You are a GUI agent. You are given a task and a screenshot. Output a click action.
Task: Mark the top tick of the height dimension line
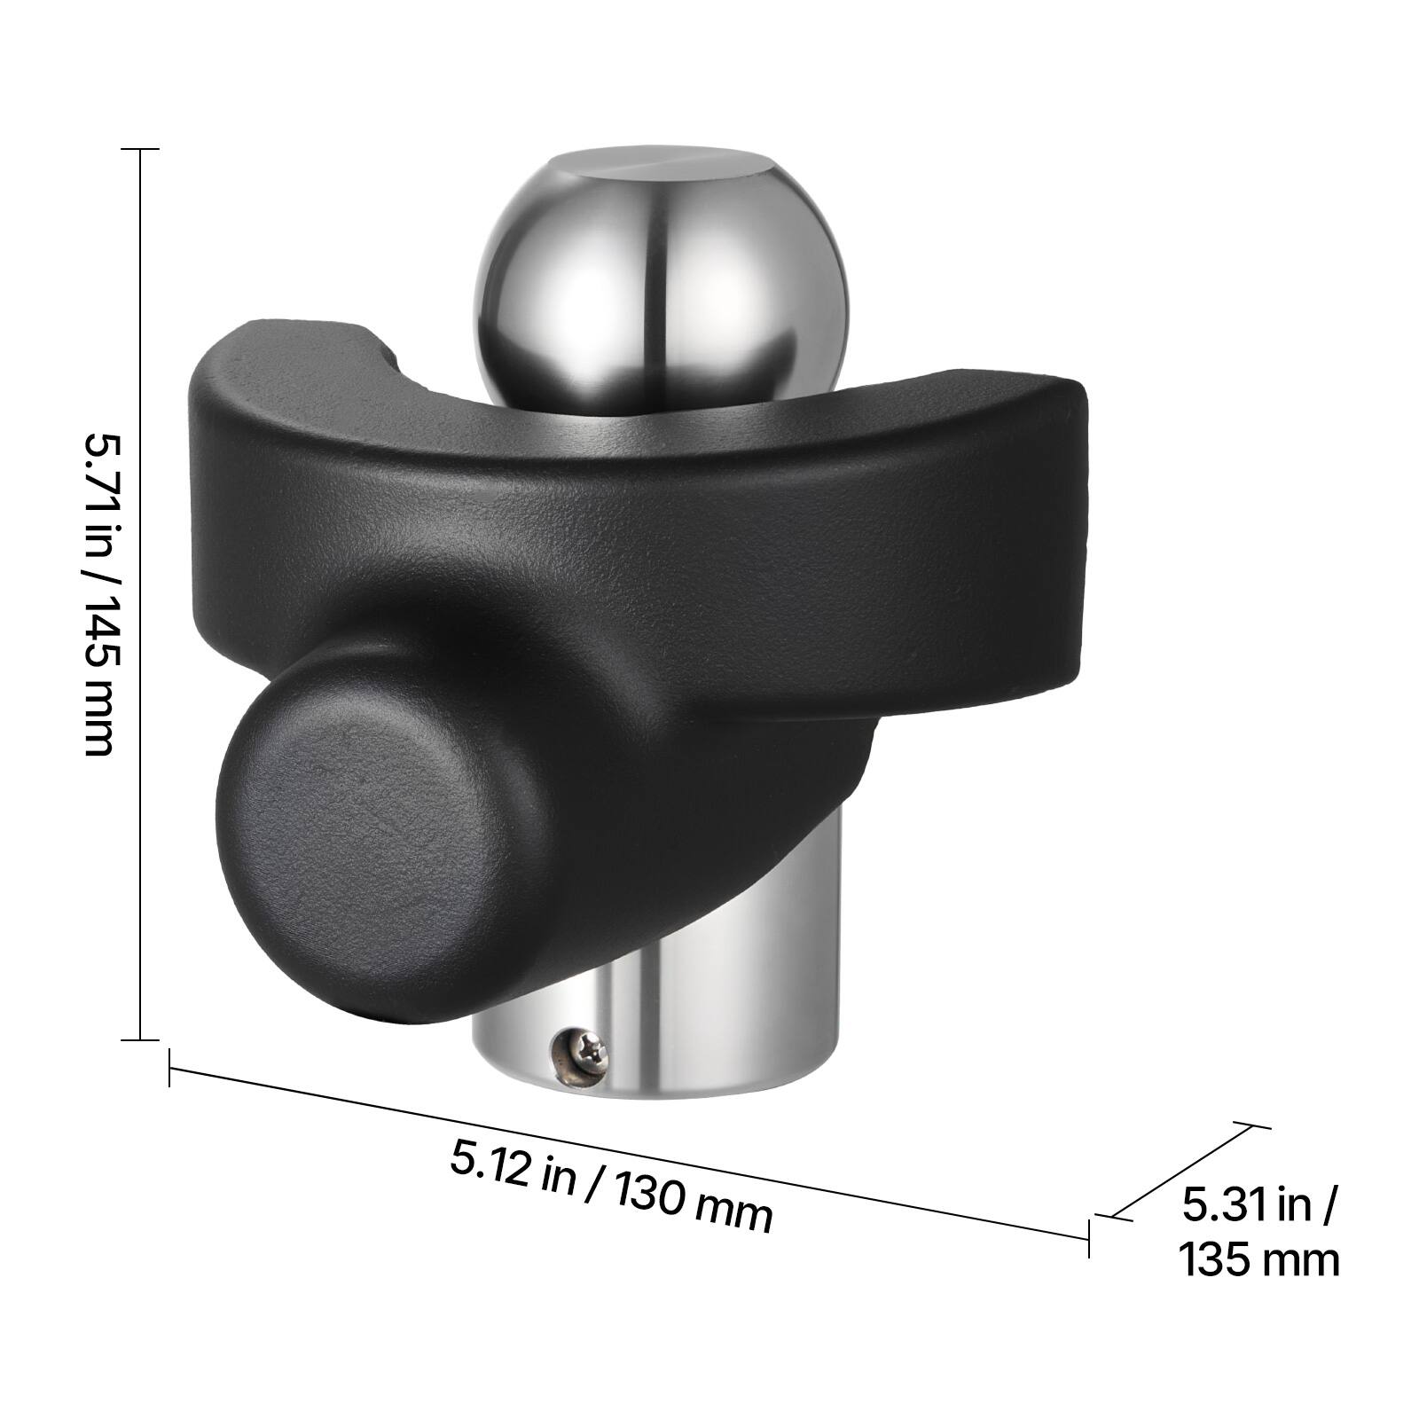(140, 149)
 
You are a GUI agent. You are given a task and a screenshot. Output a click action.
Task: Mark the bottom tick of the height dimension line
(140, 1039)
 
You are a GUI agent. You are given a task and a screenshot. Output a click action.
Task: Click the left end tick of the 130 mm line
(169, 1068)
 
